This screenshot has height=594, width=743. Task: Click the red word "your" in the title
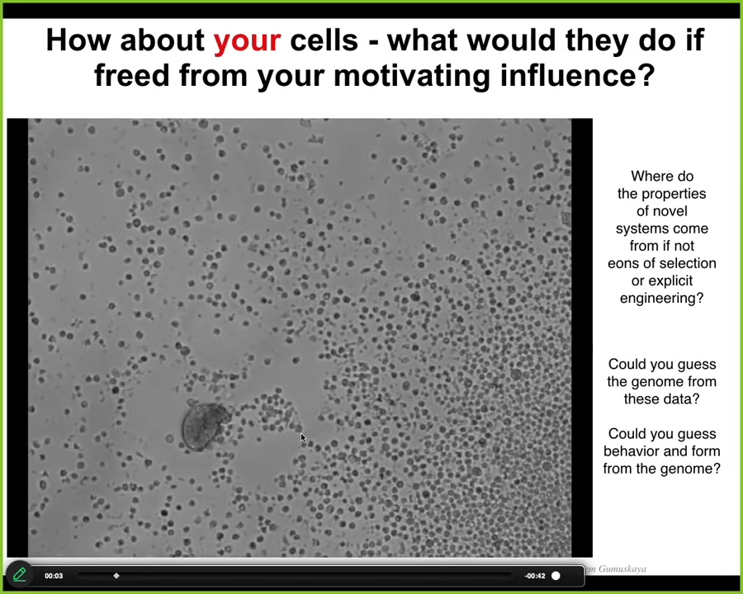247,40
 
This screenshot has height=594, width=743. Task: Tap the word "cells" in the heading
324,40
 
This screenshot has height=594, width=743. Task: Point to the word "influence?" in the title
578,75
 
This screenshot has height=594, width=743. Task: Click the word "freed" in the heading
132,75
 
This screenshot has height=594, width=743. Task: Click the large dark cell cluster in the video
206,426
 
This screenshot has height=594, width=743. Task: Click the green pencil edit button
20,574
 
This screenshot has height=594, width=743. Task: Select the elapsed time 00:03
54,576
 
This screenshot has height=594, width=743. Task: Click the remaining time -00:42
534,576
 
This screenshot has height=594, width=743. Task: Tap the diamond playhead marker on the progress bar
116,576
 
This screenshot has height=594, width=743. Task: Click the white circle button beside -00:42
556,576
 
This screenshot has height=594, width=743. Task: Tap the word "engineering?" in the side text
661,299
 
